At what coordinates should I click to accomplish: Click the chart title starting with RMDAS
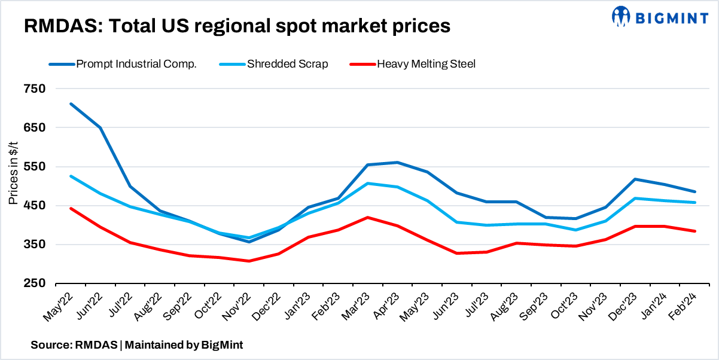point(236,26)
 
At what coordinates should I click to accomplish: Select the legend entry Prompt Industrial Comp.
point(136,64)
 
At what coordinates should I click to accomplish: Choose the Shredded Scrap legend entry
point(287,64)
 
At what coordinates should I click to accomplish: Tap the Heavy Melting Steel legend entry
point(426,64)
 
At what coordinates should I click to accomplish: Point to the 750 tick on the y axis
point(35,89)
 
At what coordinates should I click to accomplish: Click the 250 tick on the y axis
point(35,283)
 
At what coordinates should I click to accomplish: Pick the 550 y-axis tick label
point(35,167)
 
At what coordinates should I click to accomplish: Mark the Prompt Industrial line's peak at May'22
point(71,104)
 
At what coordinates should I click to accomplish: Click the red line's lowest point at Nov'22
point(249,261)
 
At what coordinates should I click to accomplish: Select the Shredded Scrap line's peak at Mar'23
point(367,184)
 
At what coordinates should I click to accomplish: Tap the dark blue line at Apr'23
point(397,163)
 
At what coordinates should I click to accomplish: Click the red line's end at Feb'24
point(694,231)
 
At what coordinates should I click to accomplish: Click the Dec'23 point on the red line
point(635,226)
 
